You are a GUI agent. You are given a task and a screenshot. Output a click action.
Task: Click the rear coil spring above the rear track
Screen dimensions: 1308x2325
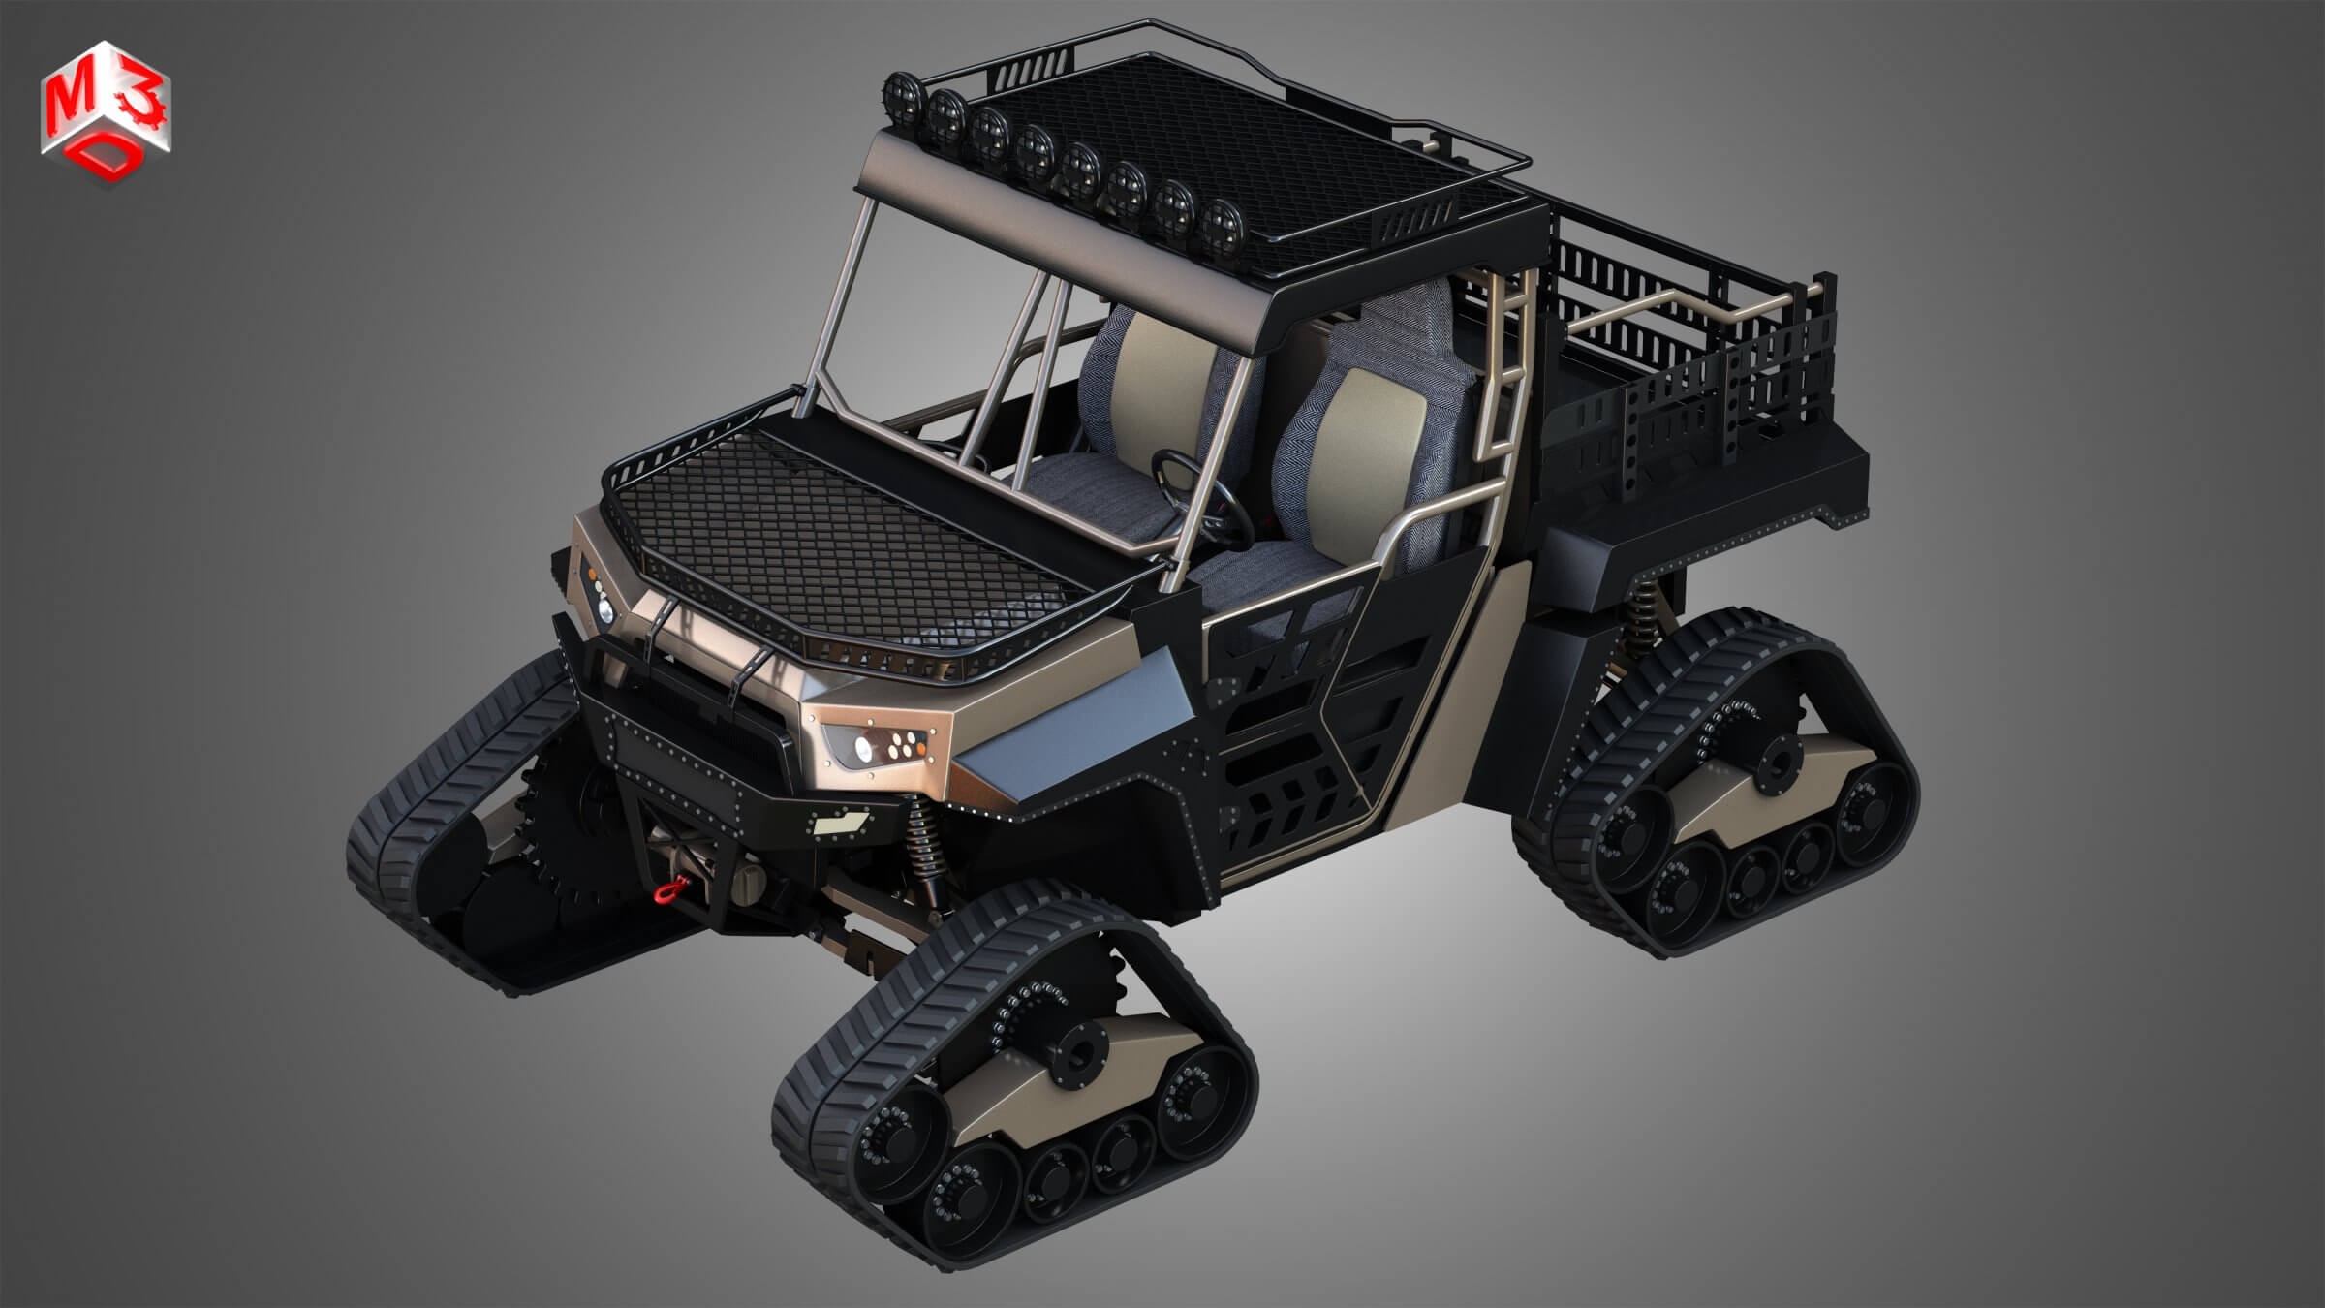coord(1639,621)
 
